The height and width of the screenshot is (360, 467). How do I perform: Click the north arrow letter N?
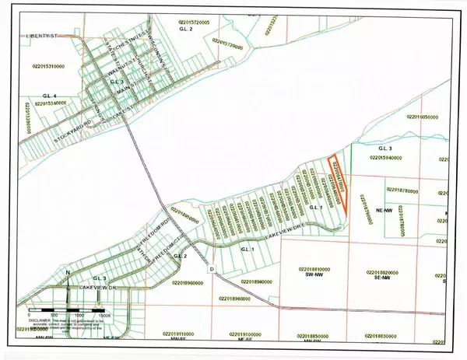point(68,272)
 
